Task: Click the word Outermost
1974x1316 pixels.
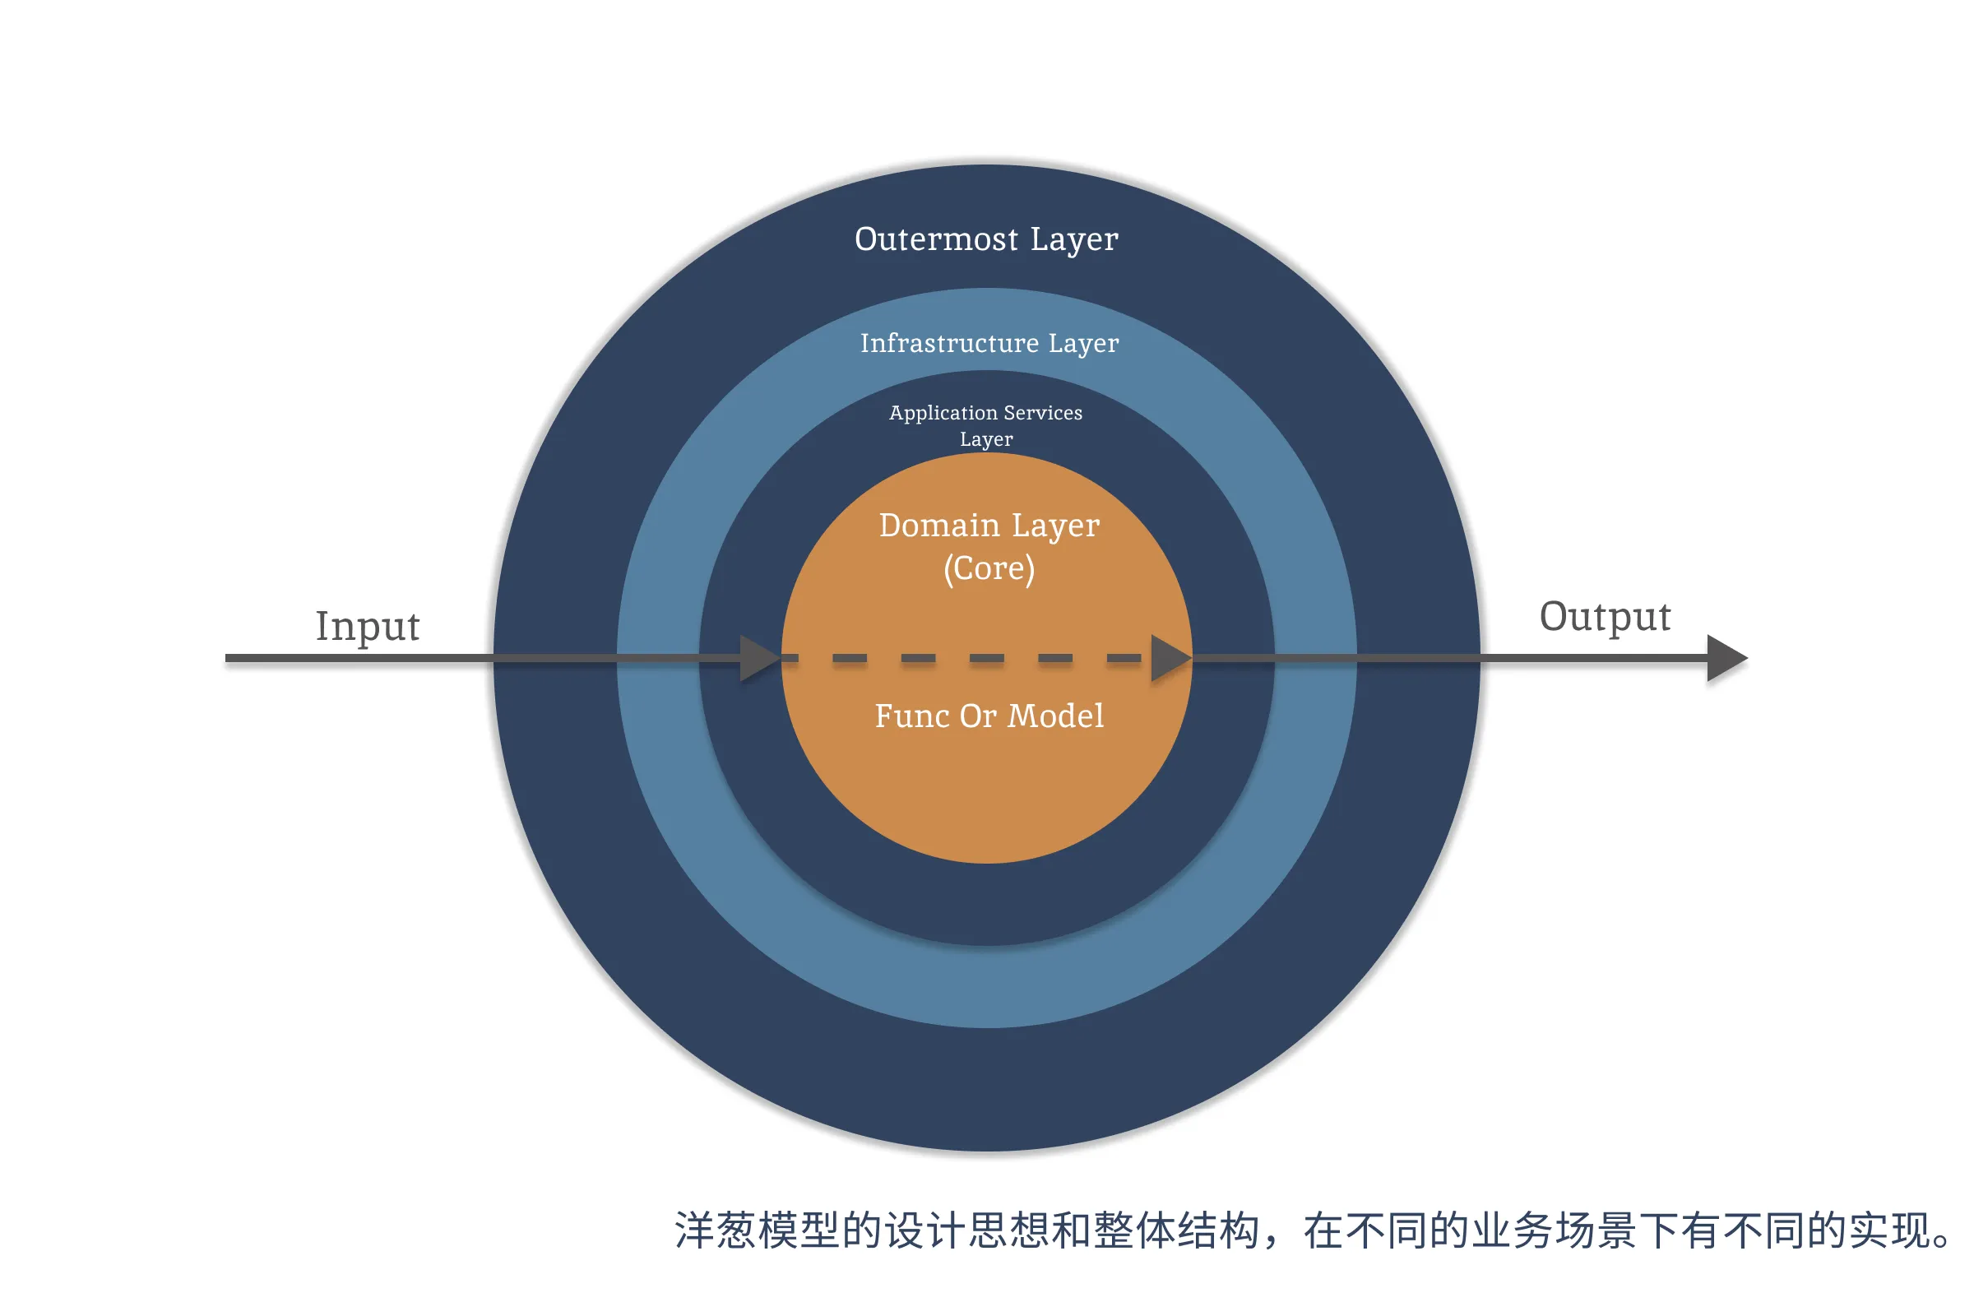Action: click(x=936, y=239)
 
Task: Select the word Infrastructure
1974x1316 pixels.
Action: click(x=949, y=343)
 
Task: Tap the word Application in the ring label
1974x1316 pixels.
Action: click(x=943, y=413)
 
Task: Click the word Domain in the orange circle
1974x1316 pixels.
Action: click(x=939, y=526)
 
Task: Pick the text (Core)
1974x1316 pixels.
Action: click(x=989, y=569)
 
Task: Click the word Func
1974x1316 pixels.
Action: click(x=912, y=716)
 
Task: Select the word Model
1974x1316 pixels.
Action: click(x=1055, y=716)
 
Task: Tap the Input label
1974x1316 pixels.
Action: click(x=368, y=627)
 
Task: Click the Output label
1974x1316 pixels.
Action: click(x=1605, y=617)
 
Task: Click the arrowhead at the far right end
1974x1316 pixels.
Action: click(x=1726, y=658)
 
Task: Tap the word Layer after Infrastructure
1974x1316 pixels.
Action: click(x=1083, y=344)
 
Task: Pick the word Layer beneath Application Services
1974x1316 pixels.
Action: click(x=986, y=440)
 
